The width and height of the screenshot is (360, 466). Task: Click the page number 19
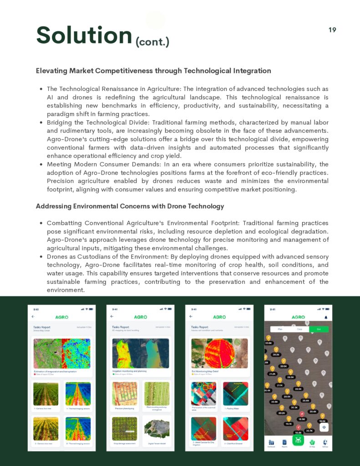(332, 30)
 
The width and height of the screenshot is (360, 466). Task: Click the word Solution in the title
(84, 35)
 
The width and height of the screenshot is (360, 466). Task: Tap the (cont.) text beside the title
(152, 42)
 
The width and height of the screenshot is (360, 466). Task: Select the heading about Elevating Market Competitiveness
(153, 71)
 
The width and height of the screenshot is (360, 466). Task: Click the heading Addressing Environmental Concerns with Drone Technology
(130, 206)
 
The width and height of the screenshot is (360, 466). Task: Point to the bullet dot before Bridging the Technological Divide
(41, 123)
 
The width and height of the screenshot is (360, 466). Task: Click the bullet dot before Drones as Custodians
(41, 257)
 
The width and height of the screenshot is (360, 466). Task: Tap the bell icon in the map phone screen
(326, 317)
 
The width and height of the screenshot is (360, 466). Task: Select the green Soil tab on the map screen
(319, 329)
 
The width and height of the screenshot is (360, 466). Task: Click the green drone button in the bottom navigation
(298, 441)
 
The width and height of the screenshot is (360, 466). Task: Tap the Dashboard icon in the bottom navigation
(271, 442)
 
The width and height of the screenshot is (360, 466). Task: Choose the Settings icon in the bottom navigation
(325, 442)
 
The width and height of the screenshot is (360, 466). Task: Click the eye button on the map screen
(324, 427)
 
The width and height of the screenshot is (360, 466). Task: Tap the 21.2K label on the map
(273, 374)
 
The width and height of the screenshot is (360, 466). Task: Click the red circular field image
(219, 353)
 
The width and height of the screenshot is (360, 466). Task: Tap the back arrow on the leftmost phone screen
(33, 316)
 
